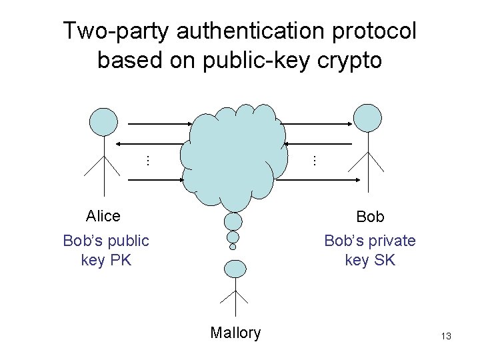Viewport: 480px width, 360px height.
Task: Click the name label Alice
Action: click(103, 216)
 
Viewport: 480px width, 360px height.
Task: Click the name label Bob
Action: click(370, 217)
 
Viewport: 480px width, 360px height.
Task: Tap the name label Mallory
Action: click(235, 333)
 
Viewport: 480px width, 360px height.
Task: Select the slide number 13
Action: click(446, 337)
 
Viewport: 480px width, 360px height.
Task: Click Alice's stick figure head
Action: click(103, 122)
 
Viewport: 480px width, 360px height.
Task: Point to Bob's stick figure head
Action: click(367, 117)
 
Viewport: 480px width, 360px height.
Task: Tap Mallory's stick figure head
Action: click(234, 268)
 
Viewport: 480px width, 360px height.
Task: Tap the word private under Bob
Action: click(390, 241)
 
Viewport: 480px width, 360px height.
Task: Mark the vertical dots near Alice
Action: click(147, 160)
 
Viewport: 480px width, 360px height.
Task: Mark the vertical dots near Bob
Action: click(313, 160)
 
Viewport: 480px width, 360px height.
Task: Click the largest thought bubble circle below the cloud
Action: click(233, 221)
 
